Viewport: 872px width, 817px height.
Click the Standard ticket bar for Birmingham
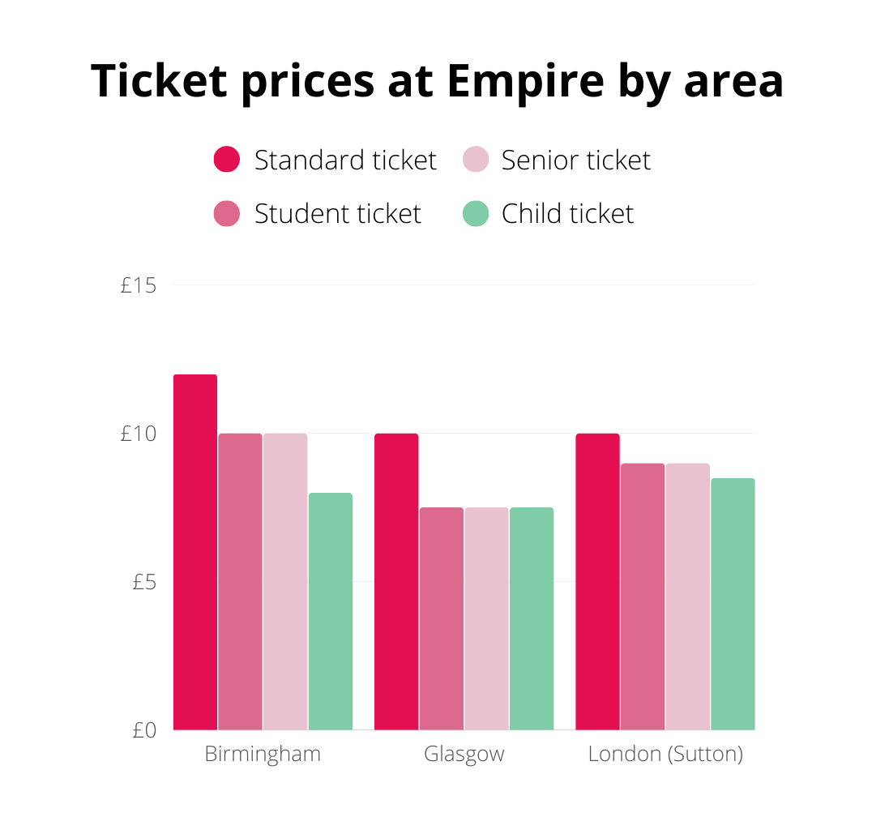(195, 552)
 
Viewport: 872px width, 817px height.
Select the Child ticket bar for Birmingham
(331, 611)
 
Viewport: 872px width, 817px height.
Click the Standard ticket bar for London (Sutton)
(597, 581)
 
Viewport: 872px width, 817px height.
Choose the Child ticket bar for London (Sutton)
(733, 604)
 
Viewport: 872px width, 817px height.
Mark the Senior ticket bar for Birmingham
(285, 581)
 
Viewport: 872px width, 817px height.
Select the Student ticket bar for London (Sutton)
(643, 597)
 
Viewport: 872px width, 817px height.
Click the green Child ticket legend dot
(476, 214)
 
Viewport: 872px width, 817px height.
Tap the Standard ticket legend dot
(227, 160)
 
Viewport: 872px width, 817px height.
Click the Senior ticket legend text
(575, 160)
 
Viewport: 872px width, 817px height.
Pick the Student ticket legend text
(338, 214)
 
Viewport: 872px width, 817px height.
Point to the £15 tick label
(138, 285)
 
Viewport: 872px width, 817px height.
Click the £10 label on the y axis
(138, 434)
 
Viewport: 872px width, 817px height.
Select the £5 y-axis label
(143, 582)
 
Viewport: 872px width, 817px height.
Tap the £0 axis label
(143, 730)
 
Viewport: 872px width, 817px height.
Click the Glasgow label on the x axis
(464, 755)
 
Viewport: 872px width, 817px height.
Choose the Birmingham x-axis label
(263, 755)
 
